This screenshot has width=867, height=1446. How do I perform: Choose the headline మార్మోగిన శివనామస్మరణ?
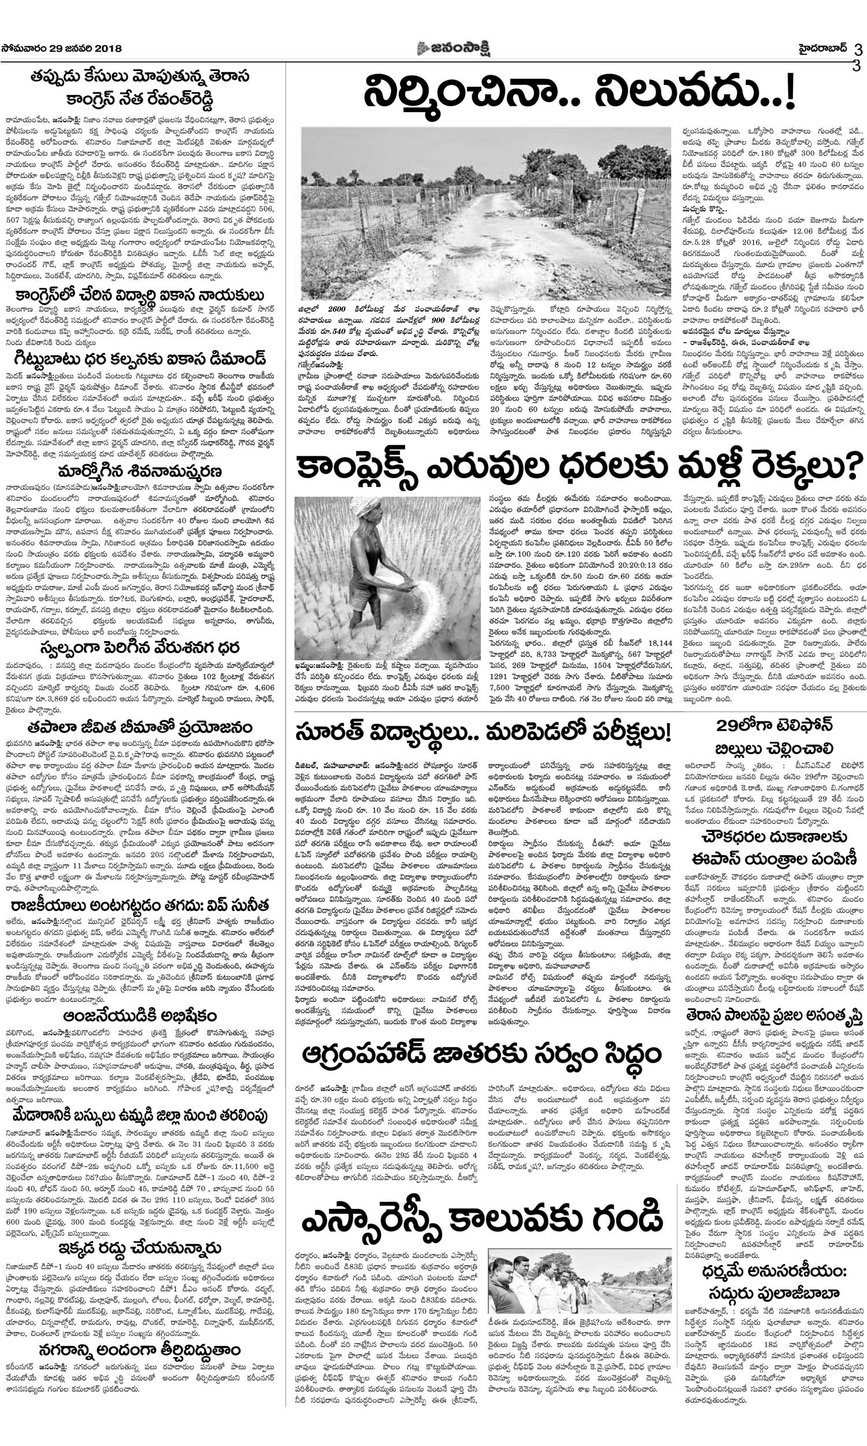pos(140,471)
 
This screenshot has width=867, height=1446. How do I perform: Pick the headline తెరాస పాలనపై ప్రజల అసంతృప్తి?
pos(773,1017)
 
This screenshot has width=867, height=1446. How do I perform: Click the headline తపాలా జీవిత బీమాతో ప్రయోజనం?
pos(140,727)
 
